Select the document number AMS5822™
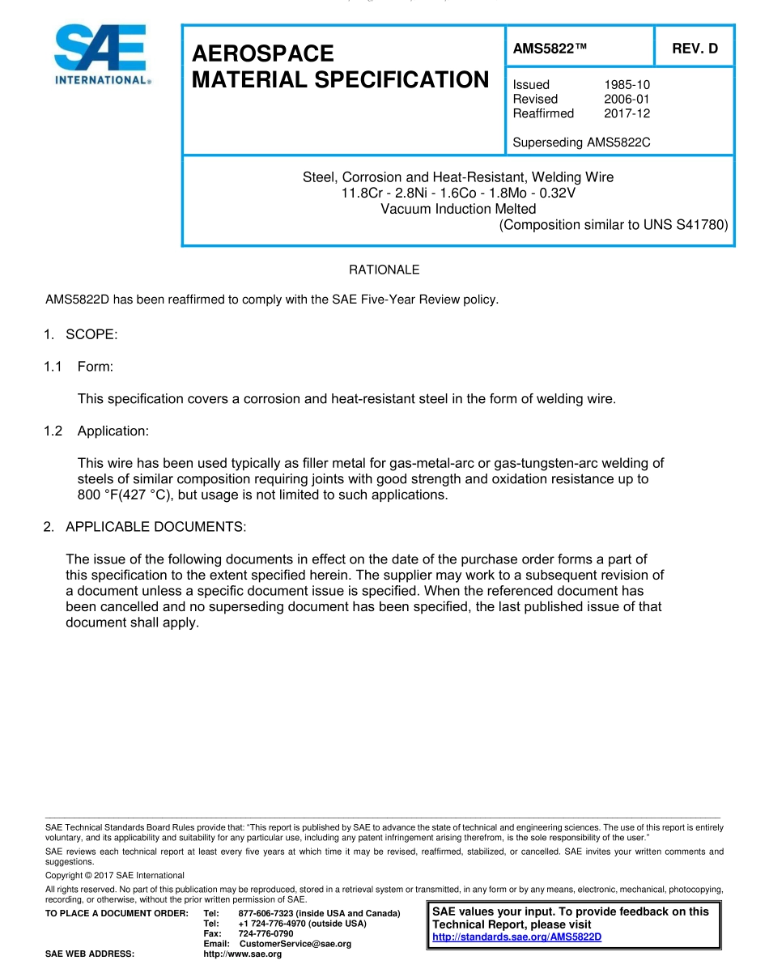pyautogui.click(x=550, y=49)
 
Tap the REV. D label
pyautogui.click(x=695, y=49)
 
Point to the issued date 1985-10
pyautogui.click(x=627, y=84)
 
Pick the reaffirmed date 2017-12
pyautogui.click(x=627, y=113)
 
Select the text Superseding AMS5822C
pyautogui.click(x=581, y=142)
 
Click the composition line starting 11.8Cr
pyautogui.click(x=458, y=193)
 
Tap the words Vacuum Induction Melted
pyautogui.click(x=458, y=209)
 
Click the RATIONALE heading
pyautogui.click(x=384, y=270)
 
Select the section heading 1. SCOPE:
pyautogui.click(x=81, y=335)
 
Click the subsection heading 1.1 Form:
pyautogui.click(x=79, y=367)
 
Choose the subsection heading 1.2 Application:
pyautogui.click(x=96, y=431)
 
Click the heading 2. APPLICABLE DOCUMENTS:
pyautogui.click(x=144, y=527)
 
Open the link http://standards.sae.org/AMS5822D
pyautogui.click(x=516, y=937)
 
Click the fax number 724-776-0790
pyautogui.click(x=266, y=933)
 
